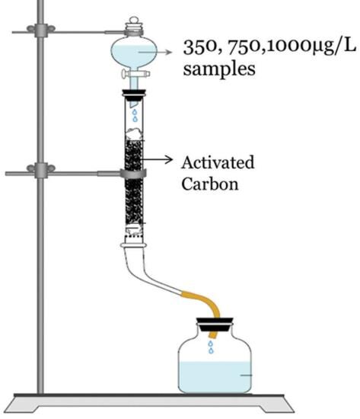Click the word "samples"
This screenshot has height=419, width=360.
219,69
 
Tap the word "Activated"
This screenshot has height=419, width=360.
218,163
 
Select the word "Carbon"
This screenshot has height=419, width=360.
210,184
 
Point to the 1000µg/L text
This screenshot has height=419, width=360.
311,47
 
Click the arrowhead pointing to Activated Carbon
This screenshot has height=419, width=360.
169,159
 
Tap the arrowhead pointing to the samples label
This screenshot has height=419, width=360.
169,52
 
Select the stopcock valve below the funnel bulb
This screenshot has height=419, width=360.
135,73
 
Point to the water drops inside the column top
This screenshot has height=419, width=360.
135,115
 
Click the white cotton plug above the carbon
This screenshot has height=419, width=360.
134,134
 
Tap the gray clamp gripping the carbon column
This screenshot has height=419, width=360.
133,174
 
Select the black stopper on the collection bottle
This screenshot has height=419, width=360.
215,324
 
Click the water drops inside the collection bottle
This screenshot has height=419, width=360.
211,347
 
